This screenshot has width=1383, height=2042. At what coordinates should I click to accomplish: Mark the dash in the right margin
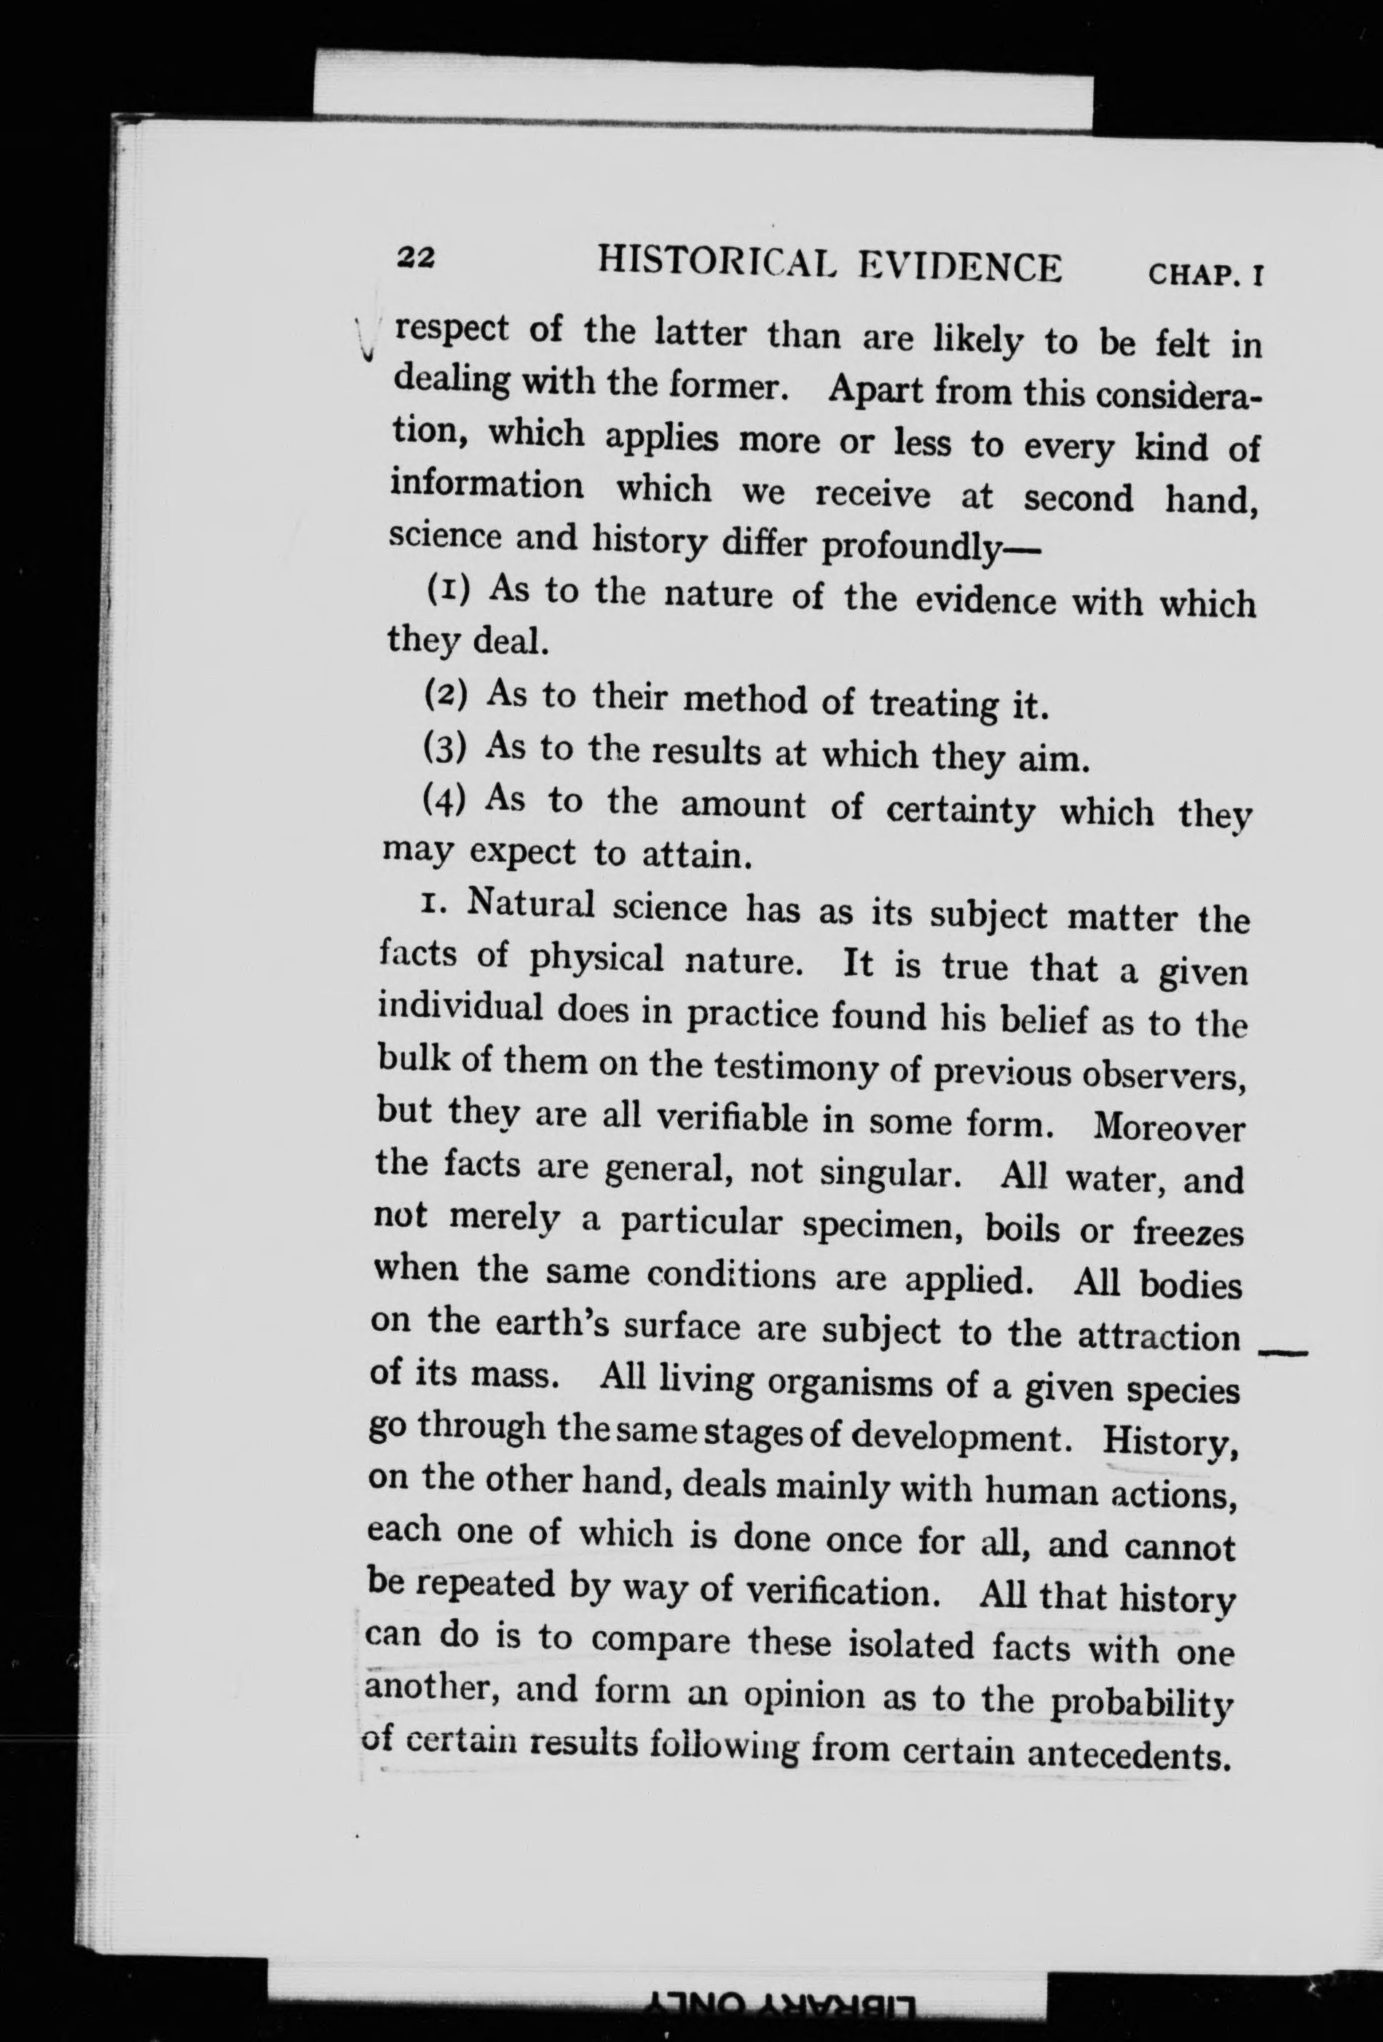(x=1284, y=1353)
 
